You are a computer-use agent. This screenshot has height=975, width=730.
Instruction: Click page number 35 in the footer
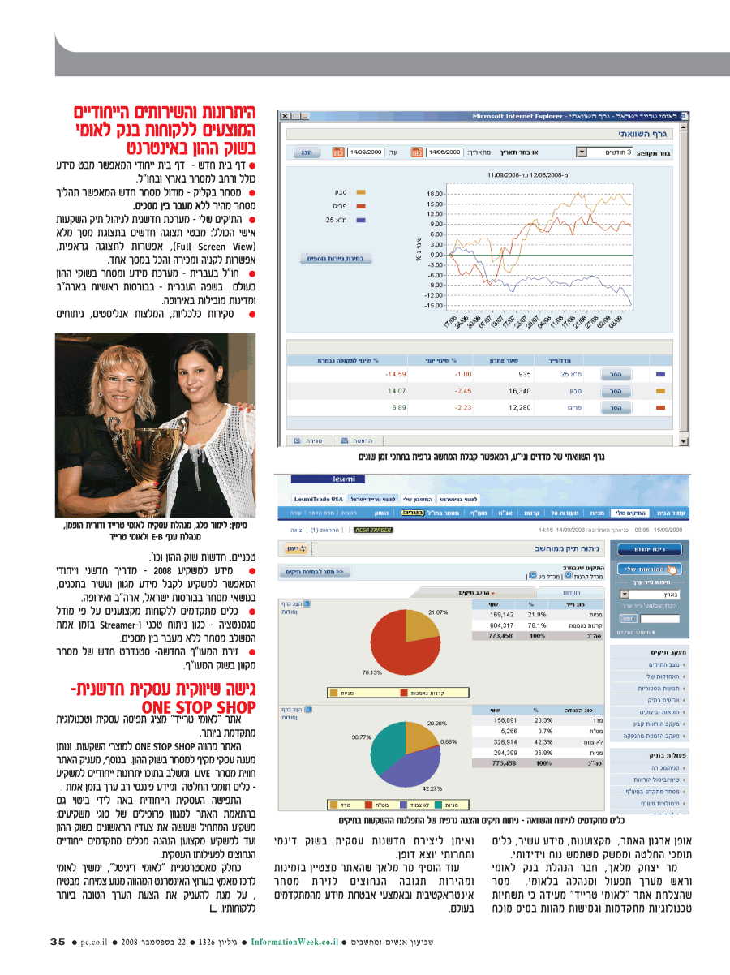[x=57, y=942]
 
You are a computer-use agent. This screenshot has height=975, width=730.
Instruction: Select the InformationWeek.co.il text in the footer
[x=294, y=942]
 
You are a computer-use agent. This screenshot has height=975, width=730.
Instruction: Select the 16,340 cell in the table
[x=518, y=390]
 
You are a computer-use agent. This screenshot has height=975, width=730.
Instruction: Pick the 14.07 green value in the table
[x=397, y=390]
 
